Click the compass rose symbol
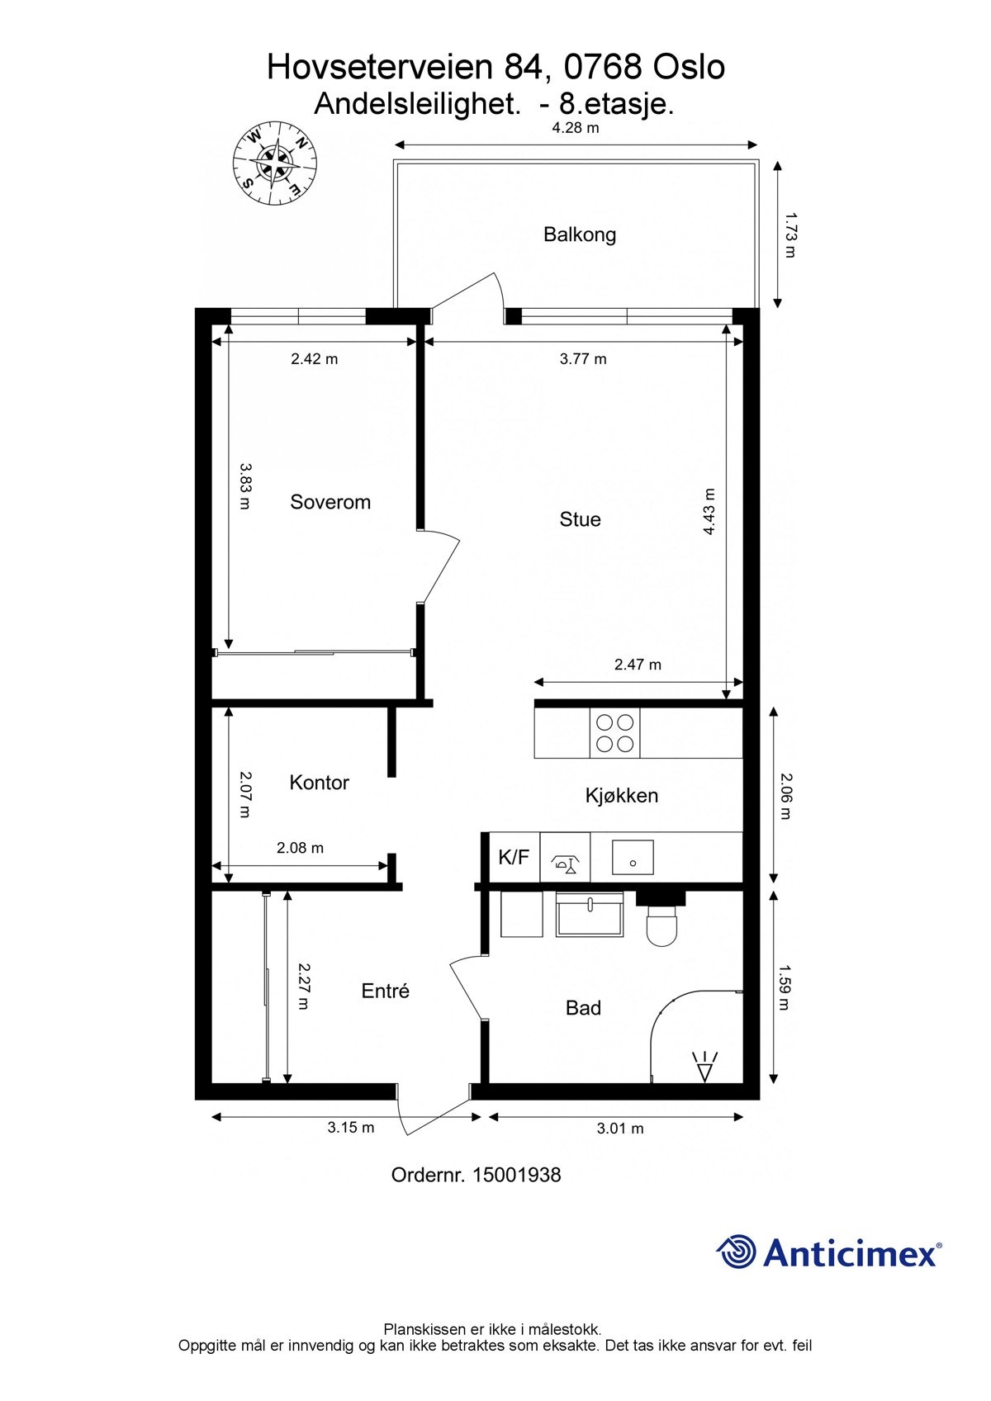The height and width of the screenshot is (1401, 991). (x=274, y=162)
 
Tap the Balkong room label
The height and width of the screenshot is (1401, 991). (x=579, y=234)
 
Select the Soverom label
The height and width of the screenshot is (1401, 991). (x=330, y=502)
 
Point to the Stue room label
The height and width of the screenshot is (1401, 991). (x=580, y=519)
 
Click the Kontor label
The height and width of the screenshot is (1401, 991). (x=319, y=782)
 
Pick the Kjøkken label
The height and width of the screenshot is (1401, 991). (x=621, y=796)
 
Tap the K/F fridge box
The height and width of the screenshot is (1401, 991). (x=514, y=857)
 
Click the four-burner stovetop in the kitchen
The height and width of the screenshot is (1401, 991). (x=615, y=733)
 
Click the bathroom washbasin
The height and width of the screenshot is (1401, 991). (x=590, y=915)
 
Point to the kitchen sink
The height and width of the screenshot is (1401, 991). (x=633, y=858)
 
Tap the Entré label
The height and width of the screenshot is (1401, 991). (x=386, y=991)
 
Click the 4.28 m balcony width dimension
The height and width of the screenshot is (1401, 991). (x=576, y=128)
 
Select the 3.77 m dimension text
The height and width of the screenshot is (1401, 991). (x=583, y=359)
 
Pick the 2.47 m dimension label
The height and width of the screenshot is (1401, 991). (x=638, y=665)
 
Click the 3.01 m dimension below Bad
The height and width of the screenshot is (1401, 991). (x=619, y=1129)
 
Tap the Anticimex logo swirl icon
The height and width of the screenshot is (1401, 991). (x=736, y=1252)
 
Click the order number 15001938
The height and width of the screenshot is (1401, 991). (x=516, y=1175)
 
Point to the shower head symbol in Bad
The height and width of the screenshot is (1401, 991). (x=705, y=1067)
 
